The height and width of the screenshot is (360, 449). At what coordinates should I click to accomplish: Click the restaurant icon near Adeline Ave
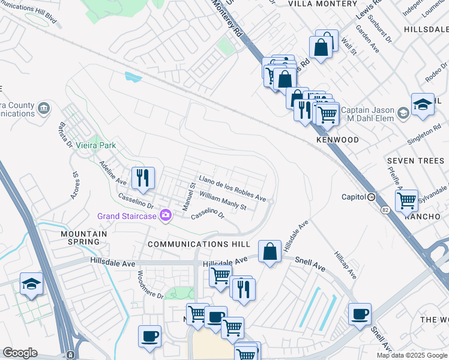[143, 178]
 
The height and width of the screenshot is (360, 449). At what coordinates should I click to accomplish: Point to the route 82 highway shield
[385, 210]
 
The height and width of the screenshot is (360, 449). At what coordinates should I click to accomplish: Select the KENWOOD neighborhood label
[337, 140]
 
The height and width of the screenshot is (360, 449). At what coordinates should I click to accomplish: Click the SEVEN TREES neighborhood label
[415, 161]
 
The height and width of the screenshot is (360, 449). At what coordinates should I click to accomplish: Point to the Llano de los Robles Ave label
[232, 188]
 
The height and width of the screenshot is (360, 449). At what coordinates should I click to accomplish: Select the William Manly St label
[223, 201]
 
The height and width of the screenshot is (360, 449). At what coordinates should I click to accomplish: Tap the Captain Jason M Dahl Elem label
[363, 114]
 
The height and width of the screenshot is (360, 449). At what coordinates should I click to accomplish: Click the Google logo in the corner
[20, 353]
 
